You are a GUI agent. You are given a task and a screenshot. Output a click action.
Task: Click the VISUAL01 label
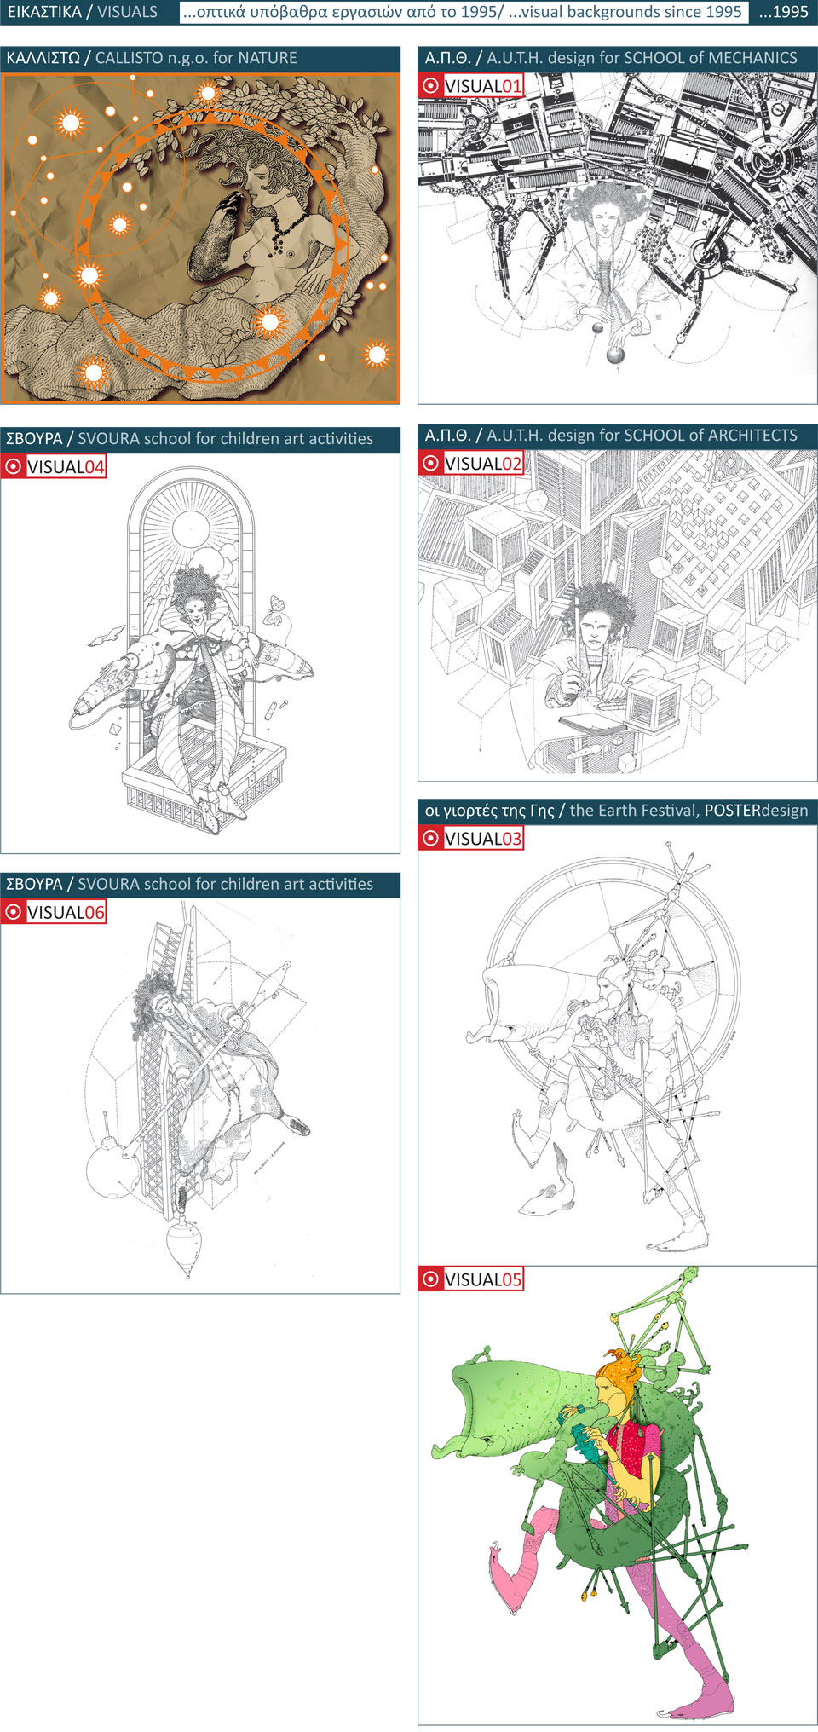[x=483, y=85]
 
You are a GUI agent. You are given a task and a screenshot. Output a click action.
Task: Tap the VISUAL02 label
[x=483, y=463]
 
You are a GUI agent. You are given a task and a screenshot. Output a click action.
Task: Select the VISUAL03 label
[x=483, y=838]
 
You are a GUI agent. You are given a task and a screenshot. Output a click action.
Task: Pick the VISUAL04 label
[x=66, y=466]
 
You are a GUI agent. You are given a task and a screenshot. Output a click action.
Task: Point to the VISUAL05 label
[x=483, y=1279]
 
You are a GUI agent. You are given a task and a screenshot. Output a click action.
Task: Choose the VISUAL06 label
[x=66, y=912]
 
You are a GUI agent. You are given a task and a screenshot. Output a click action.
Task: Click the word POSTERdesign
[x=756, y=810]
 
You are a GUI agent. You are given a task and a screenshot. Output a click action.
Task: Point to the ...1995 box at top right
[x=783, y=12]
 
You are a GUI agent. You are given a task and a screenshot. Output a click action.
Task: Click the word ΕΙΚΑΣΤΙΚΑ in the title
[x=44, y=12]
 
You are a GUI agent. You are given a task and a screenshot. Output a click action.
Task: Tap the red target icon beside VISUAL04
[x=14, y=466]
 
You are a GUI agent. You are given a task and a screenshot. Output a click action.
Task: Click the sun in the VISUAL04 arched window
[x=191, y=529]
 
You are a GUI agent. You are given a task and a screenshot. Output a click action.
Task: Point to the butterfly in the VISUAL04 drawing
[x=274, y=610]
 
